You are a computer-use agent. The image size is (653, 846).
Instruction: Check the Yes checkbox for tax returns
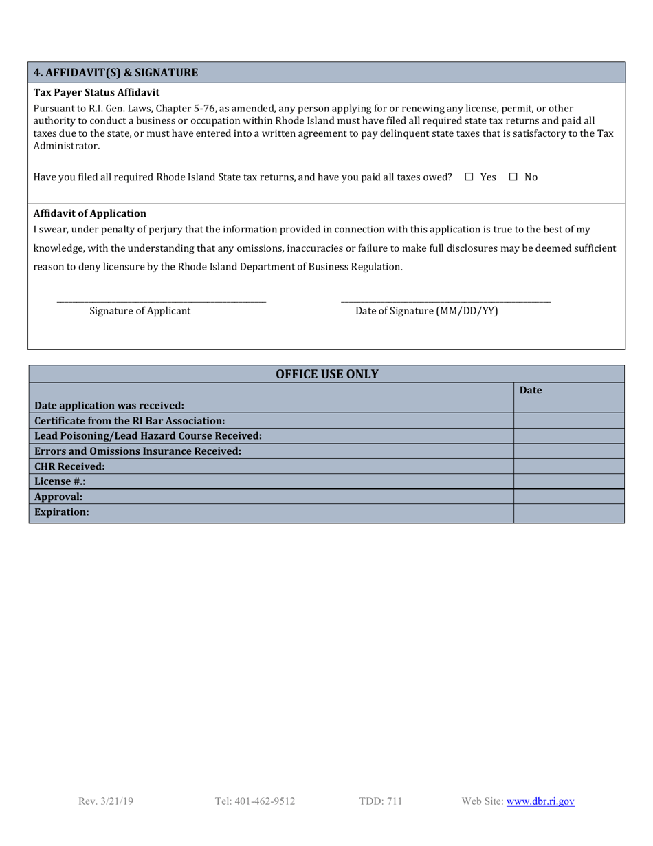469,177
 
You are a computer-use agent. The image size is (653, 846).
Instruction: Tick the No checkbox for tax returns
513,177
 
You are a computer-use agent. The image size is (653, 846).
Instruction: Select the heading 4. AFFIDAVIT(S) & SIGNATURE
116,72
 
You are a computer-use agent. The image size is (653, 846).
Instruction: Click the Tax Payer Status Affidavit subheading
96,91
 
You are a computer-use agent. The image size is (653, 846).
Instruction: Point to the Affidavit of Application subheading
89,213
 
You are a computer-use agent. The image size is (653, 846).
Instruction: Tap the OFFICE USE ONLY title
326,374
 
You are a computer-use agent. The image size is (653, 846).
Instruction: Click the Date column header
531,390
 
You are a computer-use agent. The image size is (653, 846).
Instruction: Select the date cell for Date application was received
568,405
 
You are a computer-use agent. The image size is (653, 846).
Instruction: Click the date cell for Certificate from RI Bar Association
568,420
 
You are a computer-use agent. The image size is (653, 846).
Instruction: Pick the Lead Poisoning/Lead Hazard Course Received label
148,435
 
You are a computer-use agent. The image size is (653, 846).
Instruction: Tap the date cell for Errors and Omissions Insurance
568,451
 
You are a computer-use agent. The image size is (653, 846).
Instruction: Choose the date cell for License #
568,481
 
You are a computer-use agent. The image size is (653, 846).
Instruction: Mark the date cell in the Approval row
568,496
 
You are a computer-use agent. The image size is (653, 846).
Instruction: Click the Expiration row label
62,512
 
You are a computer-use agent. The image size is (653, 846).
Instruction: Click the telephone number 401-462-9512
255,801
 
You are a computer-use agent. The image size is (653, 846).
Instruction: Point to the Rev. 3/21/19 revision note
106,801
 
